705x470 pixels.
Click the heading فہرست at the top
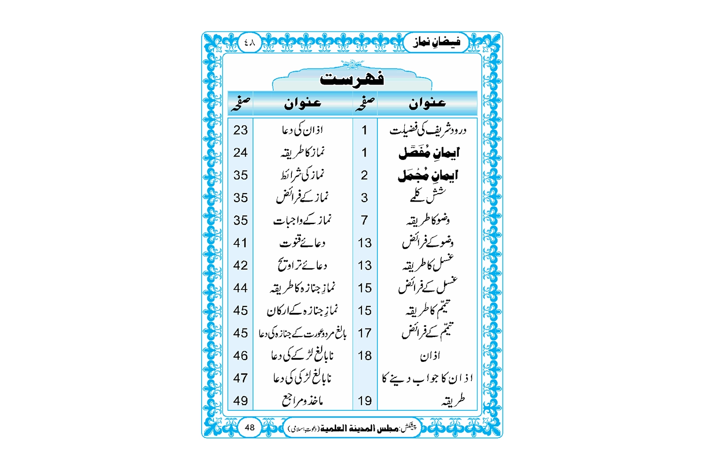coord(352,78)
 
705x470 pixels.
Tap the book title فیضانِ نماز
coord(437,42)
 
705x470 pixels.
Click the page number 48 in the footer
coord(250,427)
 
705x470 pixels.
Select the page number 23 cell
coord(240,130)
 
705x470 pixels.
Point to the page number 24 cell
coord(240,153)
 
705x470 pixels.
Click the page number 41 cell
coord(240,243)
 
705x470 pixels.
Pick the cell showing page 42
coord(240,266)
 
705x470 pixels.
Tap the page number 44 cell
coord(240,288)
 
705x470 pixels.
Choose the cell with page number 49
coord(240,401)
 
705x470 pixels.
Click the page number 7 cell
coord(364,220)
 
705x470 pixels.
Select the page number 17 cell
coord(364,333)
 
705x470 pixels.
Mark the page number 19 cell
coord(364,401)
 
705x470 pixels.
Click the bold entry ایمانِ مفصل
coord(429,153)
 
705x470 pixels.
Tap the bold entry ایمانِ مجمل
coord(428,175)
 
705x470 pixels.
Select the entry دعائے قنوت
coord(303,243)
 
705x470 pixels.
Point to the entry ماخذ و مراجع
coord(303,401)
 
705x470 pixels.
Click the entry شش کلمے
coord(427,196)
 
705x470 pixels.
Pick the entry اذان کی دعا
coord(303,130)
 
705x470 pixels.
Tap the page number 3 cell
coord(364,198)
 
